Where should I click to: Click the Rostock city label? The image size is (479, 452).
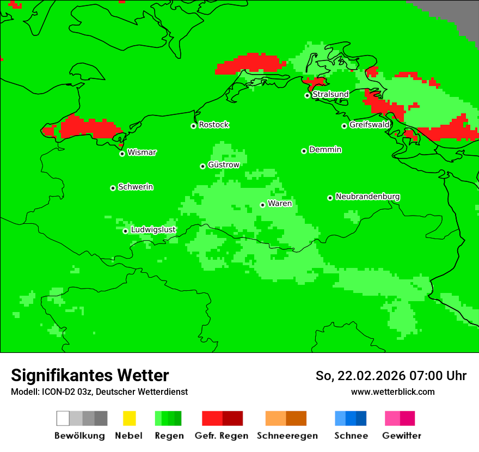(x=213, y=125)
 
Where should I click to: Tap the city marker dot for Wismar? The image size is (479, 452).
(x=122, y=154)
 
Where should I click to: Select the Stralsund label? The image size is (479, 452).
(x=330, y=94)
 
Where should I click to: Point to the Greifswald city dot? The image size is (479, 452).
(x=344, y=126)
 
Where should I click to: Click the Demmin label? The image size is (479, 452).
(x=325, y=149)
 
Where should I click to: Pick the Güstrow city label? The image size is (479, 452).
(x=223, y=164)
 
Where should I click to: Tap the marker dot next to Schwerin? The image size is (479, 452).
(x=113, y=188)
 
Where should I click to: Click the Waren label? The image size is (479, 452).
(x=280, y=203)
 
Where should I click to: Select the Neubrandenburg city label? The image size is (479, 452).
(x=367, y=197)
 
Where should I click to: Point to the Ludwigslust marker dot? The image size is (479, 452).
(x=125, y=231)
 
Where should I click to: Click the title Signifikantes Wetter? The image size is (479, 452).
(x=90, y=375)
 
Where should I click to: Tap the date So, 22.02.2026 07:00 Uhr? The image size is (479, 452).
(x=391, y=376)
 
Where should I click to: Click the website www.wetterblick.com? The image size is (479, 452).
(x=392, y=392)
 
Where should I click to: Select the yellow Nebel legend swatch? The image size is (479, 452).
(x=129, y=418)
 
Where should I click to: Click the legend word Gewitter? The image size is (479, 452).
(x=401, y=436)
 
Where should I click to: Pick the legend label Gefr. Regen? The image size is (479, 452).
(x=221, y=436)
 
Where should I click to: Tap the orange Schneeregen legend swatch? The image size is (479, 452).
(x=275, y=418)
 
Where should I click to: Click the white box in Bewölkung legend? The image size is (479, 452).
(x=63, y=418)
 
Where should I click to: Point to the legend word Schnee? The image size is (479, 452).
(x=351, y=436)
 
